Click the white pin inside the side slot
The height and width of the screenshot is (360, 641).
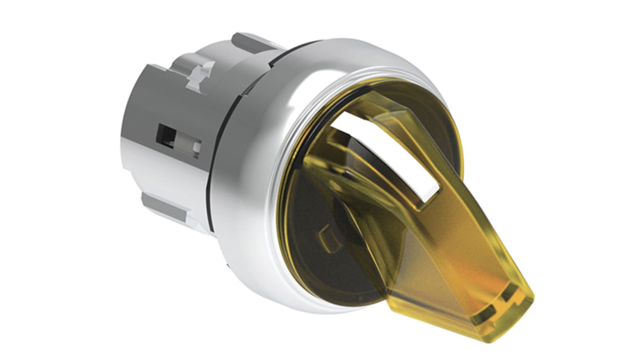(x=197, y=148)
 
